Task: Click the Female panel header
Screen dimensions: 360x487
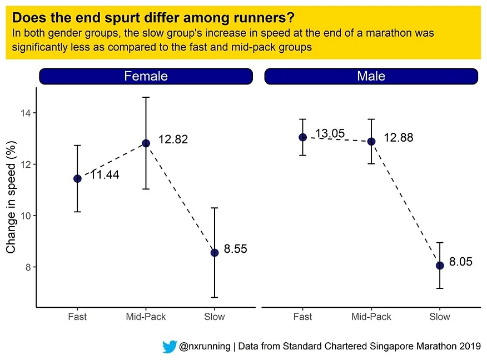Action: (x=146, y=76)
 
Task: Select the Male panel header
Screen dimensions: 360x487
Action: (x=371, y=76)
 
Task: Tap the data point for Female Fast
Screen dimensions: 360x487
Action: (x=77, y=178)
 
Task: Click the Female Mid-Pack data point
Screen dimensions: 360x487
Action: (x=146, y=143)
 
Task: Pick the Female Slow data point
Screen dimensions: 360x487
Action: (x=215, y=252)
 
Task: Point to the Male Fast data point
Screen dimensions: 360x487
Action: (x=302, y=137)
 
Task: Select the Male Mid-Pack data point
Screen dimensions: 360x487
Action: (x=371, y=141)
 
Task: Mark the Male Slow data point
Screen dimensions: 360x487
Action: (x=440, y=265)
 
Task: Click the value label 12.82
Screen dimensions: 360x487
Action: (x=173, y=139)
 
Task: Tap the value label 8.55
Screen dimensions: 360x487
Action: (x=235, y=249)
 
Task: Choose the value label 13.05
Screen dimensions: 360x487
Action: (x=330, y=133)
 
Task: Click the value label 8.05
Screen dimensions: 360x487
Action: (x=461, y=262)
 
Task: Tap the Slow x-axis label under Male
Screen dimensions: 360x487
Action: (x=440, y=317)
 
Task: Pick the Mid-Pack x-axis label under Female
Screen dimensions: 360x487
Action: (x=146, y=317)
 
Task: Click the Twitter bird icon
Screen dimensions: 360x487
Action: (x=170, y=347)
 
